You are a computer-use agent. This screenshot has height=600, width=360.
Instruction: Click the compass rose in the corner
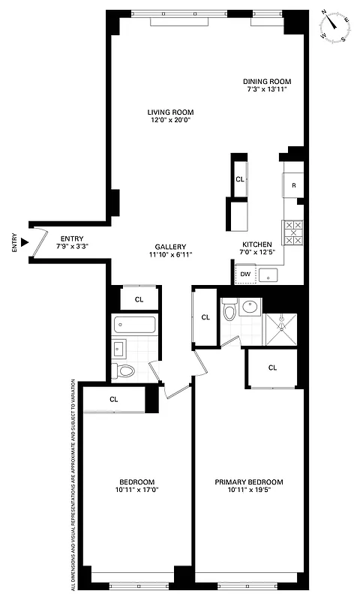click(334, 26)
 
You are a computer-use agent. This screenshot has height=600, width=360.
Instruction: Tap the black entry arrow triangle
click(25, 242)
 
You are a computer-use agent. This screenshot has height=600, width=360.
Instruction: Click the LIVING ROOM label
click(169, 113)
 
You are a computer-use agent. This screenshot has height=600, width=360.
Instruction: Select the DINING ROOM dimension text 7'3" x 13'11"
click(266, 89)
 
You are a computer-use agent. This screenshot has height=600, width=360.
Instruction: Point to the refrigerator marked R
click(293, 184)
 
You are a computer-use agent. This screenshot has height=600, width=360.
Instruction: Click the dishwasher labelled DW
click(245, 275)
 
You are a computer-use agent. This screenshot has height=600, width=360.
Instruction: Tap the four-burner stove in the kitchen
click(292, 232)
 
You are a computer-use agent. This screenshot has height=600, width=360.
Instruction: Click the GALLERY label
click(170, 247)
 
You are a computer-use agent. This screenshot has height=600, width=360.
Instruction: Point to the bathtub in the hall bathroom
click(135, 325)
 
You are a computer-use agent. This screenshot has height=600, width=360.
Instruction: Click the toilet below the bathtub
click(124, 370)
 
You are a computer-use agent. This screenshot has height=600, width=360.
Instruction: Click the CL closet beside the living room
click(239, 179)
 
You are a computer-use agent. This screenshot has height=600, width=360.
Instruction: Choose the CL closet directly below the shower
click(272, 367)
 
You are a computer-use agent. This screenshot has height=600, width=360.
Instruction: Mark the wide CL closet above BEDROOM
click(114, 399)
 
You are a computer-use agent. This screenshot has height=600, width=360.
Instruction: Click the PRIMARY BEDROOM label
click(249, 481)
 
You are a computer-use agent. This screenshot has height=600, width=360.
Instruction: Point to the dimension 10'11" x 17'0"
click(137, 490)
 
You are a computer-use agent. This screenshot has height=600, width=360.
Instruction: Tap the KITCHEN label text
click(256, 244)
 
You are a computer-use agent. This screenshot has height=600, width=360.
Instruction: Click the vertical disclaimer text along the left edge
click(73, 480)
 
